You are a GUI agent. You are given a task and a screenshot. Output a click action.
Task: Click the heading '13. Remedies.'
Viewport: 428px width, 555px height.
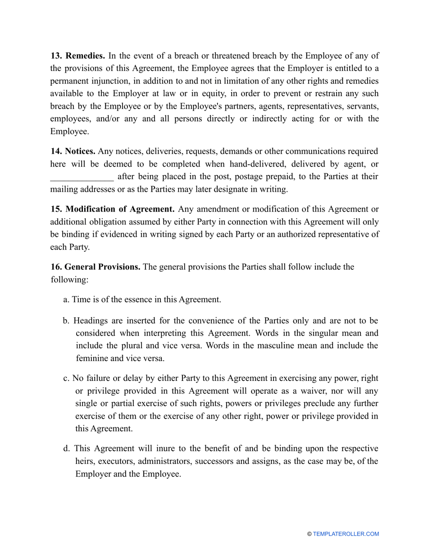coord(77,56)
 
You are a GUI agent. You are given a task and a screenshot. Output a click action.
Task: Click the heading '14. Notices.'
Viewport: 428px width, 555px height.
coord(73,151)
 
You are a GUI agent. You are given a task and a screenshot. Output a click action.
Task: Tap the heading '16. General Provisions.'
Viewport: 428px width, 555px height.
coord(96,267)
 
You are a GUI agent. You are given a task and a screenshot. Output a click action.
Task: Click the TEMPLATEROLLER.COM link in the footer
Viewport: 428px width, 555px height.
coord(346,534)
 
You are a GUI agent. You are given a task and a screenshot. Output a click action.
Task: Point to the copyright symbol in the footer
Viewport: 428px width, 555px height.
coord(309,534)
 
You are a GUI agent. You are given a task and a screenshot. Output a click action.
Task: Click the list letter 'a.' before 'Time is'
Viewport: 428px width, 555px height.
coord(66,299)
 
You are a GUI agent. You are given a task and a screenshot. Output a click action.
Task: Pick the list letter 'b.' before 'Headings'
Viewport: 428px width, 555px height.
coord(66,321)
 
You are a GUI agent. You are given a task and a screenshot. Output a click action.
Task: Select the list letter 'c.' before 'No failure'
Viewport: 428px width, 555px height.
coord(66,378)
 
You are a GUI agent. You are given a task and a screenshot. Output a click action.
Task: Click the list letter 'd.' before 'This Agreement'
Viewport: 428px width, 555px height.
coord(67,449)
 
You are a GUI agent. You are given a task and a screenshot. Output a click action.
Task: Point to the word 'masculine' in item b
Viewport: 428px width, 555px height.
coord(280,346)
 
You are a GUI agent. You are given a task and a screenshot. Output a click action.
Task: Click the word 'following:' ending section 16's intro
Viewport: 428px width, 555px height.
coord(69,279)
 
